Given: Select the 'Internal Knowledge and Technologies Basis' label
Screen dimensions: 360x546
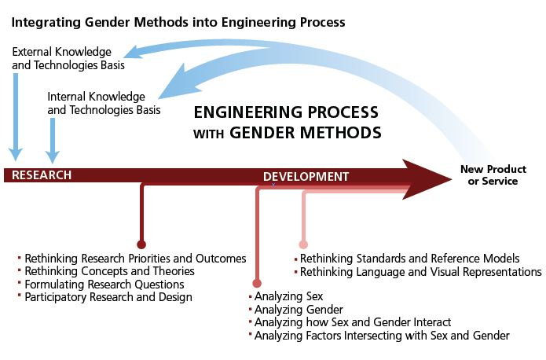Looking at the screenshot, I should [x=104, y=103].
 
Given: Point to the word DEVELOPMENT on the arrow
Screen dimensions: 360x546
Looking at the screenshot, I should [x=306, y=176].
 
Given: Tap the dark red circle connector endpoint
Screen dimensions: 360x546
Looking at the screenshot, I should [x=141, y=244].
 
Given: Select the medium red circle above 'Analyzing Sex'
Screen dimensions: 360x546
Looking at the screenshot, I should [x=256, y=283].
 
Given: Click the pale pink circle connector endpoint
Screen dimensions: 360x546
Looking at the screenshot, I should [x=303, y=244].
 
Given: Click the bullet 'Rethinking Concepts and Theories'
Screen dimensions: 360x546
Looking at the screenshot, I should [x=109, y=271].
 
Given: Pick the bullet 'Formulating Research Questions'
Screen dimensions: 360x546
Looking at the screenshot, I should [x=104, y=284].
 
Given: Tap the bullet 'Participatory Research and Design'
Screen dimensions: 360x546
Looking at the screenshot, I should [x=108, y=297].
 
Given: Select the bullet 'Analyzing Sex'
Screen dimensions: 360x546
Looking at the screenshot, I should [x=278, y=297].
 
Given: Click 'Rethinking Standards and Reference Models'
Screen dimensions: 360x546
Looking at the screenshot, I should [x=409, y=258].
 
